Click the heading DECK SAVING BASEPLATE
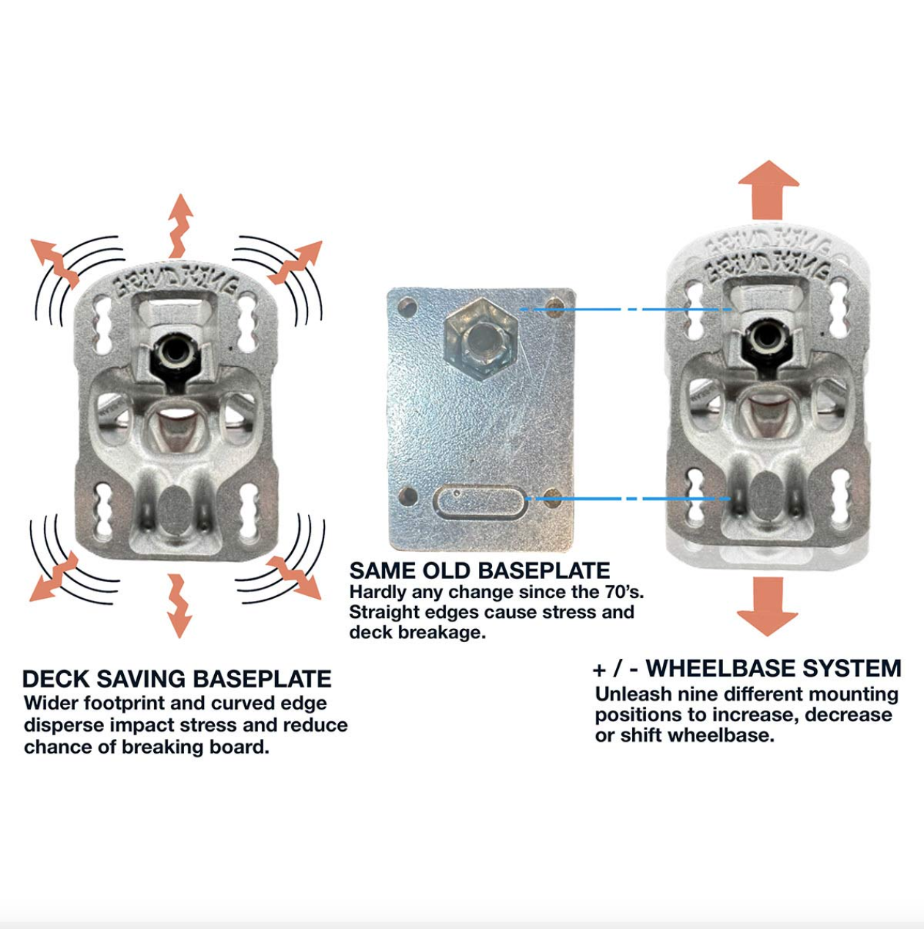tap(177, 679)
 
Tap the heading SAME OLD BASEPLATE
tap(480, 571)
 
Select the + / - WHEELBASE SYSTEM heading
tap(747, 668)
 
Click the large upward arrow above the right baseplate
tap(768, 189)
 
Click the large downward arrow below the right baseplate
tap(768, 605)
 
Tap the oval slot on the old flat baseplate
tap(480, 502)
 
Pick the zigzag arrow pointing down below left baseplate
tap(178, 605)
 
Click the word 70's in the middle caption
tap(619, 591)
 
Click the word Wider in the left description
tap(51, 703)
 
